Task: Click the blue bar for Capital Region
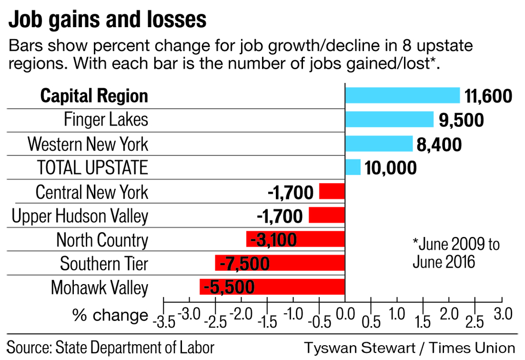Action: (x=402, y=95)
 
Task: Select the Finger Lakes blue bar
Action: (x=389, y=119)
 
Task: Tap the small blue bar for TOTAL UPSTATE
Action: (x=353, y=167)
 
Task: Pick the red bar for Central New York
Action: (x=332, y=191)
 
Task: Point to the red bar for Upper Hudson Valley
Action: (x=327, y=215)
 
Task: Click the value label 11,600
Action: (x=488, y=96)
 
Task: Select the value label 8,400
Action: (x=439, y=144)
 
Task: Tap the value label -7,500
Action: (x=244, y=264)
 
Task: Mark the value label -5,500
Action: (x=229, y=287)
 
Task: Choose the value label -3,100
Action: (x=273, y=239)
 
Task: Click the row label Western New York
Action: (x=88, y=144)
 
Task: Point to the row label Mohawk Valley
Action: (x=99, y=288)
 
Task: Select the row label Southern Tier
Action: (x=104, y=264)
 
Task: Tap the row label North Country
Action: (x=102, y=239)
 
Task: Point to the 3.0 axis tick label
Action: (x=502, y=313)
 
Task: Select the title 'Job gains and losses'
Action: (x=108, y=20)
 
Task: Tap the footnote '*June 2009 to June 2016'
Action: (x=456, y=252)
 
